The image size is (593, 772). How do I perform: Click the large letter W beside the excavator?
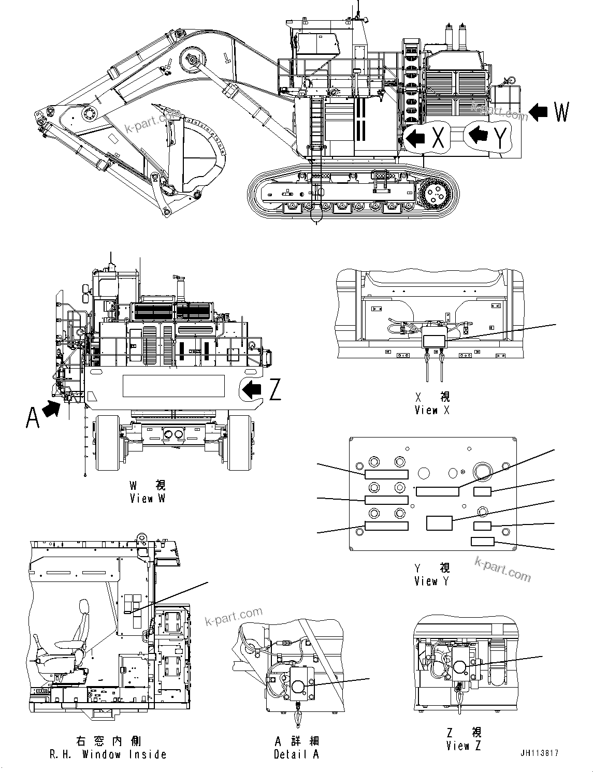(x=561, y=112)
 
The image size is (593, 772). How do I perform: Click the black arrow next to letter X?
(x=415, y=138)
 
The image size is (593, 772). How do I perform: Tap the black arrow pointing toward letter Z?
(x=253, y=389)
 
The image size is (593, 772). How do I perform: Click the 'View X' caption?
(x=432, y=403)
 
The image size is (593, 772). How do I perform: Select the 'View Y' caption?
(x=432, y=574)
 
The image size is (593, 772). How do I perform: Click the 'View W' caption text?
(x=148, y=492)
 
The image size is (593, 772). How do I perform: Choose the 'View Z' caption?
(x=464, y=739)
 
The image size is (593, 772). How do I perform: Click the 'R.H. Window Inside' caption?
(x=108, y=748)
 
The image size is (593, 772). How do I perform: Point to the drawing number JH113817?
(x=540, y=753)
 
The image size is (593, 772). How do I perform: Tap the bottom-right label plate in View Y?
(x=482, y=542)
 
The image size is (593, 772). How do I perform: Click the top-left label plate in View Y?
(x=386, y=474)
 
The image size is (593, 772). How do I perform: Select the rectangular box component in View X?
(x=435, y=340)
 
